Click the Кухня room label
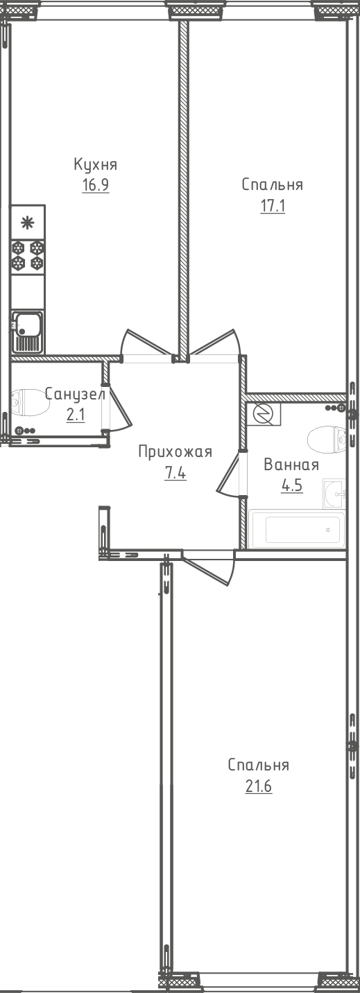(x=95, y=164)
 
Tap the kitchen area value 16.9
(x=95, y=184)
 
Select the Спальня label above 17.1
(x=272, y=184)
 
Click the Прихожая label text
(x=175, y=452)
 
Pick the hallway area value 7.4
(x=175, y=474)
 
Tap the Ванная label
(x=291, y=465)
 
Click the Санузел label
(x=76, y=394)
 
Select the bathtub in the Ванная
(x=297, y=529)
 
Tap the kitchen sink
(x=28, y=331)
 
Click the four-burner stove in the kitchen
(x=28, y=256)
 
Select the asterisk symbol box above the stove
(x=28, y=222)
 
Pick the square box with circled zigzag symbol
(x=264, y=414)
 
